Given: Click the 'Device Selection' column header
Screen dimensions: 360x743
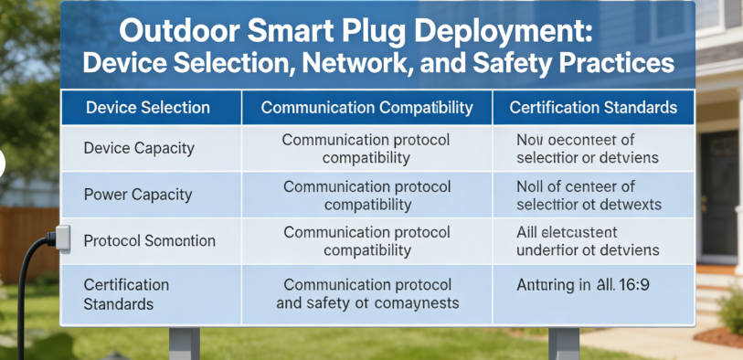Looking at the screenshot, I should tap(147, 108).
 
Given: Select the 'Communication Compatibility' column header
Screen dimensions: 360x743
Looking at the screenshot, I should tap(366, 108).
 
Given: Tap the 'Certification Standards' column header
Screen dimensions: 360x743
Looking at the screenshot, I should tap(593, 108).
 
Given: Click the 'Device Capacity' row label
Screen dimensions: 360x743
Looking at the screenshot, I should tap(138, 147).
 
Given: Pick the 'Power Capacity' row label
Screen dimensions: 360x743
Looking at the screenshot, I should tap(138, 194).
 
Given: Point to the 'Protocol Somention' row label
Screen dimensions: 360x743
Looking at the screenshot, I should tap(149, 241).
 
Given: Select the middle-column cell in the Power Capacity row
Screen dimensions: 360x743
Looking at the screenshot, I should tap(366, 195).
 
